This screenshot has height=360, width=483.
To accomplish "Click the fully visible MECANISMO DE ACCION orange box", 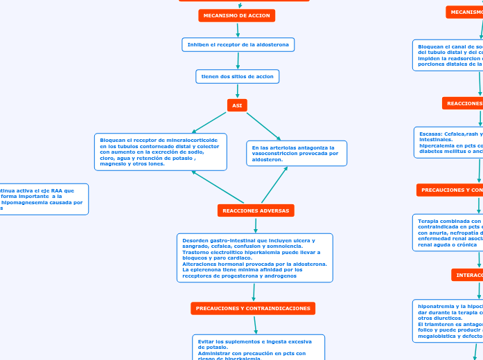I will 237,15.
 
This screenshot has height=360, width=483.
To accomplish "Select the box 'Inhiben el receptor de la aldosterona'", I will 238,44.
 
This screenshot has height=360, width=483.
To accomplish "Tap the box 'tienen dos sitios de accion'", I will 238,76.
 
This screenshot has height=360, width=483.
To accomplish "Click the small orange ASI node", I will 237,105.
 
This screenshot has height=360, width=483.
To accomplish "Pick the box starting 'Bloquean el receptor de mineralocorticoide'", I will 160,152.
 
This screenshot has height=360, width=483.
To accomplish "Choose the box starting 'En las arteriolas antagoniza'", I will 297,154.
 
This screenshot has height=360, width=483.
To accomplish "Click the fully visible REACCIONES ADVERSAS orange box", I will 256,210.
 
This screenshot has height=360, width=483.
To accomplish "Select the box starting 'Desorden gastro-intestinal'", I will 254,258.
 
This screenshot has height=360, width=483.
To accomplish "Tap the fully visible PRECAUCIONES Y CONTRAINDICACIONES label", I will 253,308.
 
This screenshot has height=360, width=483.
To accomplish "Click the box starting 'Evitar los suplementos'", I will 258,347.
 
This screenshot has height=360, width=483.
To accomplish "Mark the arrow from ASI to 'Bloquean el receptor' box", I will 209,123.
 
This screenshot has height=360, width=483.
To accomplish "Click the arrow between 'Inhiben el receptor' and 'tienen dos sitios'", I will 238,60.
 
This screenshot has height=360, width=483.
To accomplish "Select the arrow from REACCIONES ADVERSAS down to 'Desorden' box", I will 256,226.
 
